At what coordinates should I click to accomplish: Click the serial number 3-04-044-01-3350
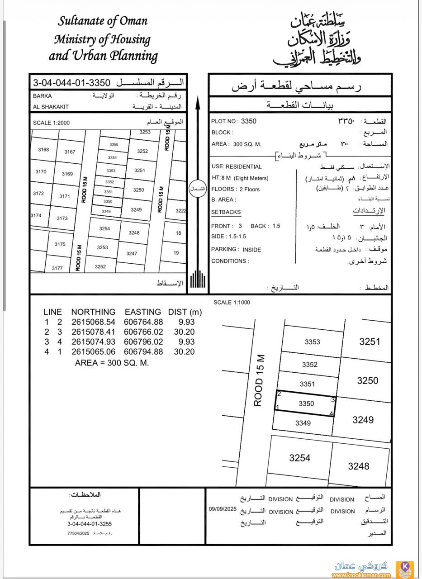72,83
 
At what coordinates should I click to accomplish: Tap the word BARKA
43,96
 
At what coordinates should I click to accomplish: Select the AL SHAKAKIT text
51,107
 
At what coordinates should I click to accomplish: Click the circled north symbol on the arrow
197,188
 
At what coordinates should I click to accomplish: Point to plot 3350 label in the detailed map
306,403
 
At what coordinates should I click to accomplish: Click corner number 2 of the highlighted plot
279,394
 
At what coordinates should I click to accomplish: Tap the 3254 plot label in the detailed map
299,458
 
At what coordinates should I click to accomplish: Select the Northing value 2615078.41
93,332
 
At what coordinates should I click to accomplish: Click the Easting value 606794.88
143,352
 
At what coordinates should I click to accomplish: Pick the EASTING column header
143,312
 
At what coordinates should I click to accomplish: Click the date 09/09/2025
223,509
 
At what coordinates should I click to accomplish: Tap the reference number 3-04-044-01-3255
90,524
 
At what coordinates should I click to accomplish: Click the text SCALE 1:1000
232,303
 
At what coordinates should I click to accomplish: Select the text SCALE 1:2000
51,123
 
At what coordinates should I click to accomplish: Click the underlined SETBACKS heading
226,212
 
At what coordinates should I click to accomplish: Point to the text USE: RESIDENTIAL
237,166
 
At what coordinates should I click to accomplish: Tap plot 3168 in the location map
43,150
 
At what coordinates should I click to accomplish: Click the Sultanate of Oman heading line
103,21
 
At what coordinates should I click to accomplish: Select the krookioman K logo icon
405,569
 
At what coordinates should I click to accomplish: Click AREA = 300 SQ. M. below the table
112,363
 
